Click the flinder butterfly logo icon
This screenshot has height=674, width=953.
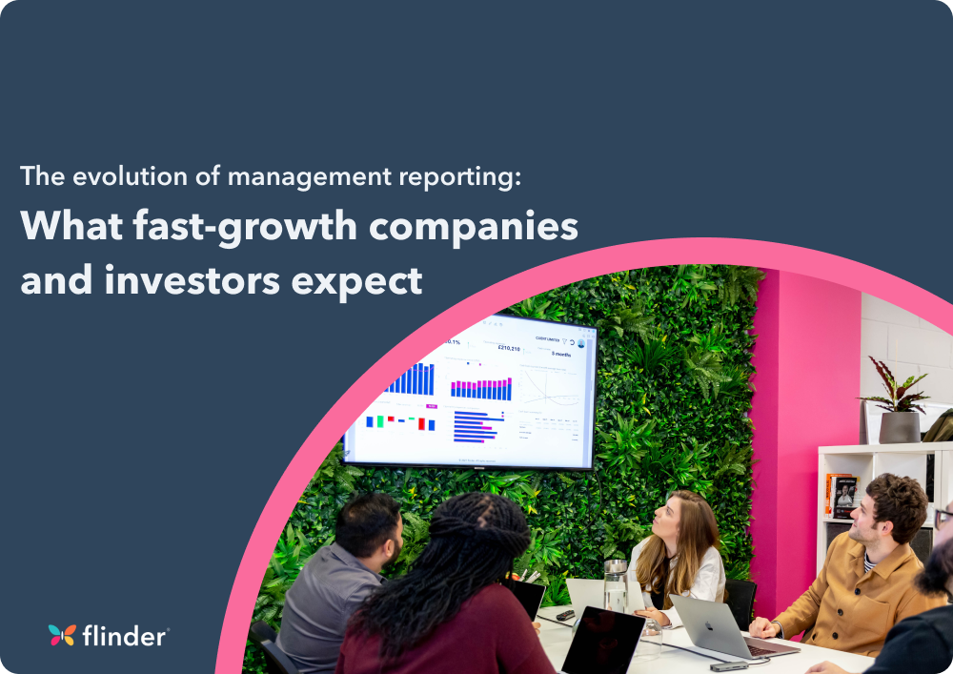(x=62, y=635)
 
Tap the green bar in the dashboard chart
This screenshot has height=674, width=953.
(x=380, y=420)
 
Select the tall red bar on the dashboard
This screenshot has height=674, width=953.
(x=421, y=424)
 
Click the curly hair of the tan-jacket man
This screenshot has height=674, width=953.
(x=896, y=496)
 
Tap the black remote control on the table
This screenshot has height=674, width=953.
(x=564, y=617)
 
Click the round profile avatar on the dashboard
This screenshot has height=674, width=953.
(x=581, y=343)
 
